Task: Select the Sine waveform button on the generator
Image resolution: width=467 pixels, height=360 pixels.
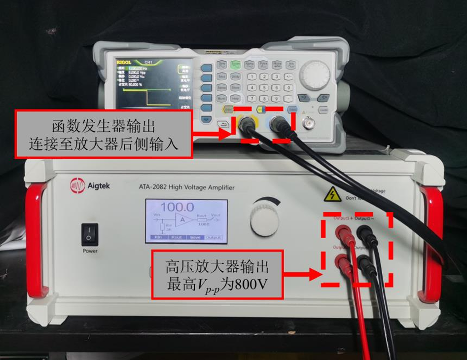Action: coord(222,65)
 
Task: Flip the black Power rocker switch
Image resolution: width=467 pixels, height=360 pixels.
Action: coord(89,234)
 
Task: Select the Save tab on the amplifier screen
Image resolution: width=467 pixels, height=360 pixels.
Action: coord(194,237)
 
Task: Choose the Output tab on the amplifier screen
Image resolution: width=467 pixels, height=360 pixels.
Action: coord(213,237)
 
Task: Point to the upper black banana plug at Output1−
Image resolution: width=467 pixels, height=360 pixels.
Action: coord(364,231)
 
